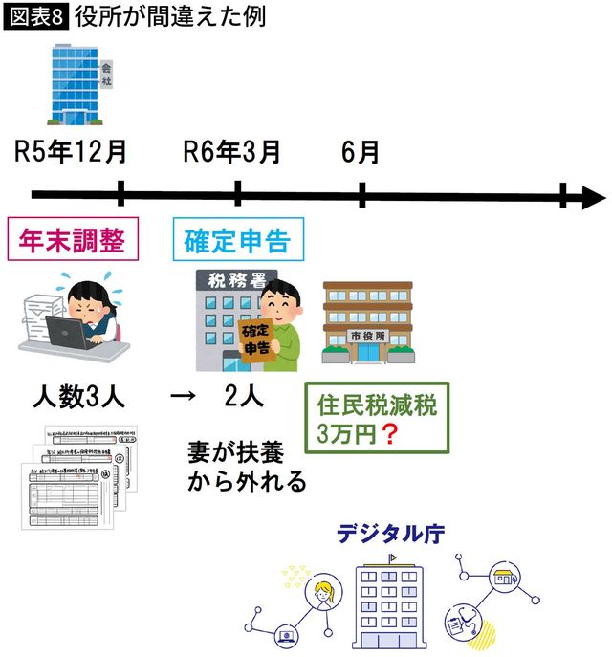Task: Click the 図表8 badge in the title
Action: (36, 16)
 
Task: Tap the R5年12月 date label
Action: (71, 151)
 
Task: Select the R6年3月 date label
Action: (232, 151)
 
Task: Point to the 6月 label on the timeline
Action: (360, 151)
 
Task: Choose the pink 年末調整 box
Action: (73, 240)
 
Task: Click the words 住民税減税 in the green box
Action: (376, 405)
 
